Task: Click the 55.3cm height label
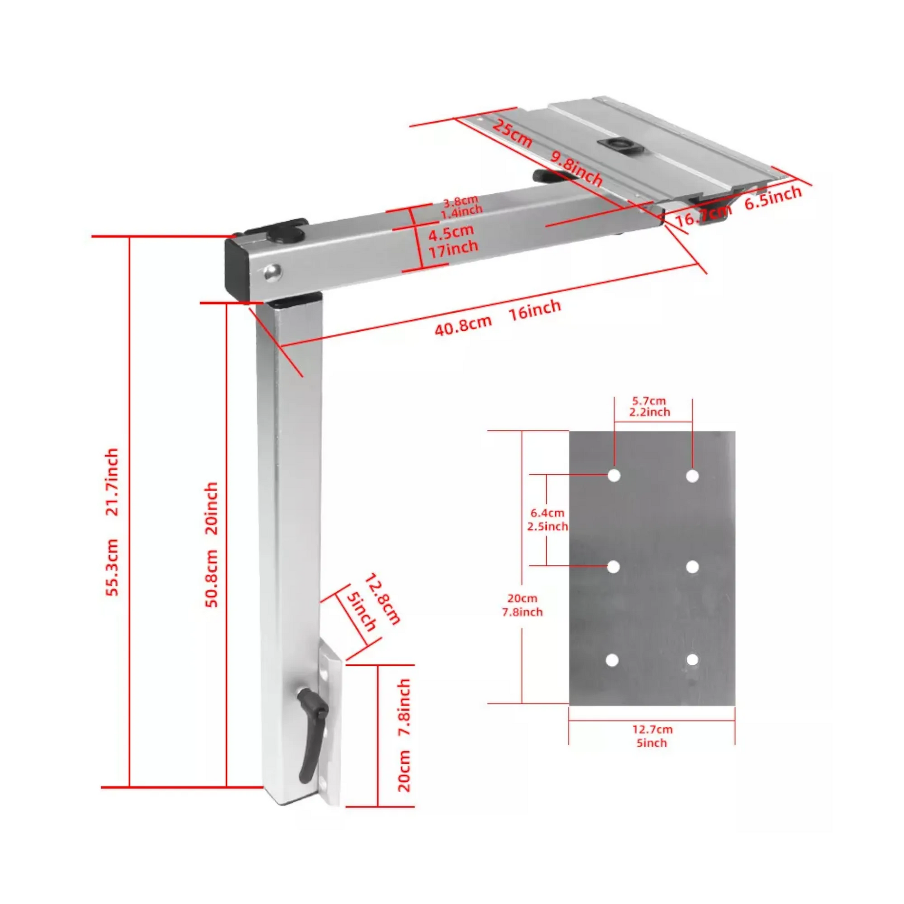tap(112, 567)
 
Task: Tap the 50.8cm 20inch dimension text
tap(212, 545)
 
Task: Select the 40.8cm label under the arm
tap(463, 324)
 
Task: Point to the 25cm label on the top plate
tap(513, 133)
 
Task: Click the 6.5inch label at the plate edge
tap(773, 197)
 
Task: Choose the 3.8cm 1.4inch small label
tap(462, 206)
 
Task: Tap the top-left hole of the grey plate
tap(614, 476)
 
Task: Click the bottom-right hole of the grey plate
tap(693, 660)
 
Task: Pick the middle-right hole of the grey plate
tap(693, 567)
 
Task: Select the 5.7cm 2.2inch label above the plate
tap(649, 406)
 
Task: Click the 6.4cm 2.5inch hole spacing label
tap(547, 520)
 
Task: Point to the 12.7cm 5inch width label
tap(652, 736)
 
